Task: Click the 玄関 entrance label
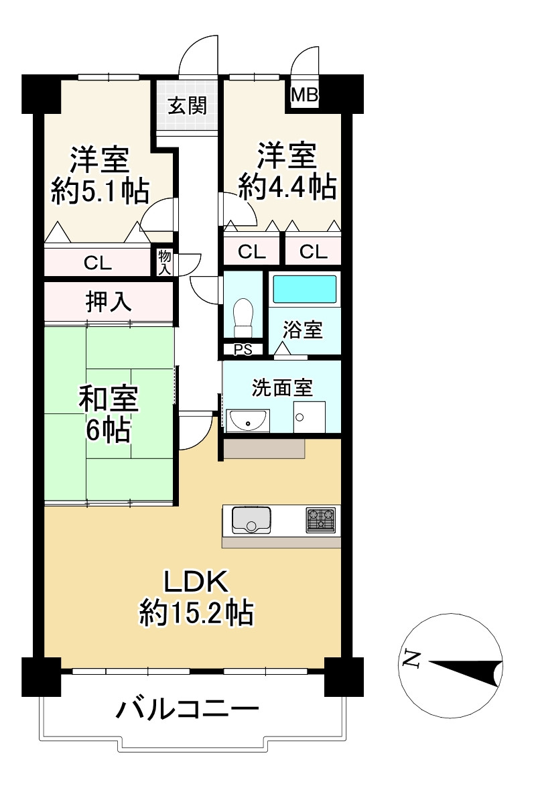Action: click(187, 105)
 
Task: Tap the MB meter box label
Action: click(305, 94)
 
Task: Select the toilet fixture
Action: click(244, 318)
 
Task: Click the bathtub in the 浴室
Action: click(304, 289)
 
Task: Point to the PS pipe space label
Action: click(243, 349)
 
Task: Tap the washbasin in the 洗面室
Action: click(248, 421)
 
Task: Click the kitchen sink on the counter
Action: click(251, 520)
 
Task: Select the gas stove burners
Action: click(321, 520)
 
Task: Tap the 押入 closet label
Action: click(109, 302)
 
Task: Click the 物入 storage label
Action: click(164, 263)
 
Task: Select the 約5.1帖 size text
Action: click(100, 191)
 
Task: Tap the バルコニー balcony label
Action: click(188, 710)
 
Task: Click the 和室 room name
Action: click(109, 399)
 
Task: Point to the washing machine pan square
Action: click(310, 417)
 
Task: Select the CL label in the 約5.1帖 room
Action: click(98, 262)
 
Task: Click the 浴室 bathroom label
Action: click(302, 329)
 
